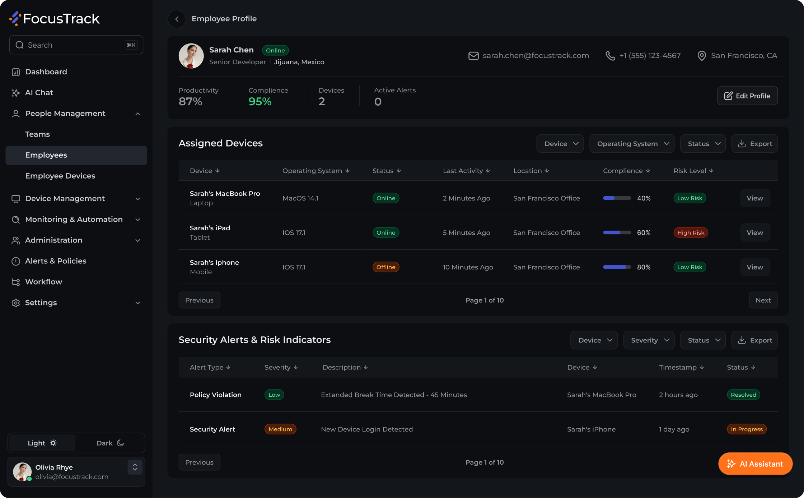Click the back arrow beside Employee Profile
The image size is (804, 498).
[x=177, y=19]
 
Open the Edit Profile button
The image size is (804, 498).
[x=747, y=96]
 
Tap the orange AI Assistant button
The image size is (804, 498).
[x=756, y=464]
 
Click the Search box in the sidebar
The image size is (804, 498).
[x=76, y=45]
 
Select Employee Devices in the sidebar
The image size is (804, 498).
[x=60, y=176]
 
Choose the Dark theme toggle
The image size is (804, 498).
[x=110, y=443]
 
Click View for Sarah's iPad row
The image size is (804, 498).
[x=755, y=232]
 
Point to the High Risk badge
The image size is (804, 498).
[x=691, y=232]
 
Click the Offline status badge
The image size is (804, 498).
[x=386, y=267]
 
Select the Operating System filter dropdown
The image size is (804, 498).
[x=632, y=144]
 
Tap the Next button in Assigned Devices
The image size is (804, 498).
[x=763, y=300]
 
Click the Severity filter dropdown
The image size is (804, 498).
[x=649, y=340]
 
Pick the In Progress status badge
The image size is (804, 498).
[x=747, y=429]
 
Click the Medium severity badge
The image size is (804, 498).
[x=280, y=429]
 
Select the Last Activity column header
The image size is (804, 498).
[x=466, y=171]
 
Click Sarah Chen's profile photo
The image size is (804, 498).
[x=191, y=56]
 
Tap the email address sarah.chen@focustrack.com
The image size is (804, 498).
[x=536, y=55]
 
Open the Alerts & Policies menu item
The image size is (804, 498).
[x=56, y=261]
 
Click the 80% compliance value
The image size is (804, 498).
[x=644, y=267]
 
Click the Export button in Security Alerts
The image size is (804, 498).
[x=754, y=340]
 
